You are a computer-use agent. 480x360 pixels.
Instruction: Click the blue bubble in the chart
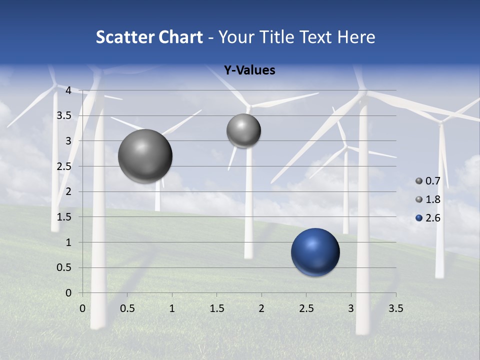pos(315,252)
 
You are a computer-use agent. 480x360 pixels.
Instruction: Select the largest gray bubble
pos(145,156)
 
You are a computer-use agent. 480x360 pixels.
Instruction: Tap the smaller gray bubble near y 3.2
pos(243,130)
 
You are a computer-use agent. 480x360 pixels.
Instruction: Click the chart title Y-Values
pos(249,70)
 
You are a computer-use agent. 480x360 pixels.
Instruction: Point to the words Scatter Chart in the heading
pos(149,37)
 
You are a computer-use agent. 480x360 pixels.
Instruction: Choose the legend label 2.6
pos(433,218)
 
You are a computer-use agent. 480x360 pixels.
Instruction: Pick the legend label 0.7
pos(433,181)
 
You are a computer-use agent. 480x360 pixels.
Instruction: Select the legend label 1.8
pos(433,199)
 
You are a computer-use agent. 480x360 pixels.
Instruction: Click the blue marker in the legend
pos(419,218)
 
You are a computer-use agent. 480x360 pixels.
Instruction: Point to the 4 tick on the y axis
pos(68,90)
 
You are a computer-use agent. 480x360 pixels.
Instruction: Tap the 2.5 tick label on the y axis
pos(64,166)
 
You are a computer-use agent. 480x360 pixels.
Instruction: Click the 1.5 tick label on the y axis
pos(64,217)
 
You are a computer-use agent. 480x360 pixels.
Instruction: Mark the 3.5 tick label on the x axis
pos(396,308)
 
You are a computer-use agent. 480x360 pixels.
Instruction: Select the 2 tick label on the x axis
pos(261,308)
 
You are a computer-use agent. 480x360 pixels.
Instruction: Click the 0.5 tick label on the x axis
pos(127,308)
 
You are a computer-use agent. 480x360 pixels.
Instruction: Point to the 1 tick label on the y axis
pos(68,242)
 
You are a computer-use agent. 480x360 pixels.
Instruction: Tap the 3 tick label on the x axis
pos(351,308)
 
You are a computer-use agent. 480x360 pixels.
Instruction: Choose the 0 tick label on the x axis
pos(82,308)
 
